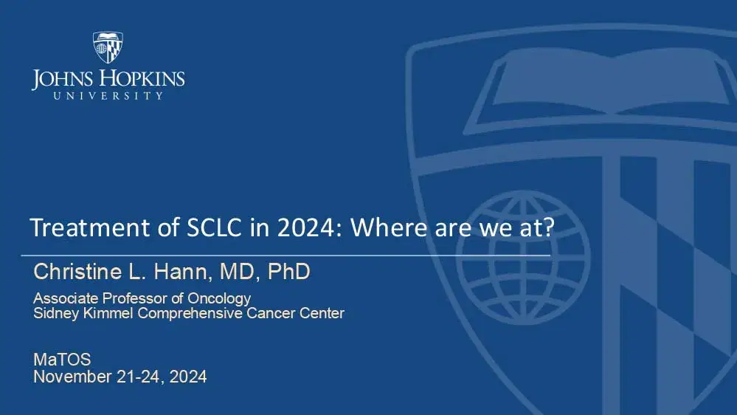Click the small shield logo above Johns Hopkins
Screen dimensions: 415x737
click(108, 47)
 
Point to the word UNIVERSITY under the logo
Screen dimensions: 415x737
click(108, 96)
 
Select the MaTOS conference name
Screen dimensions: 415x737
click(63, 360)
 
